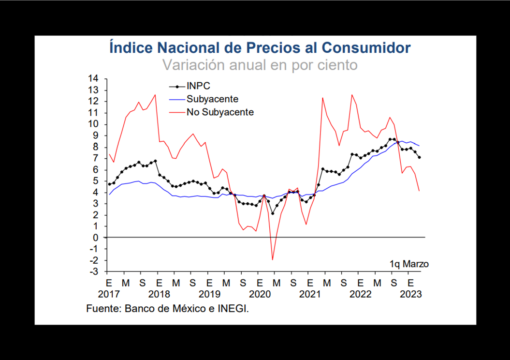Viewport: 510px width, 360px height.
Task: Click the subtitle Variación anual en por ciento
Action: tap(260, 64)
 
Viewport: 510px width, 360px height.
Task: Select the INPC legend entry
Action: tap(198, 87)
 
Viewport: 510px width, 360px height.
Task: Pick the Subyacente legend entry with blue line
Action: tap(212, 99)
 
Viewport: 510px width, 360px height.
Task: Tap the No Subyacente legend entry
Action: tap(220, 112)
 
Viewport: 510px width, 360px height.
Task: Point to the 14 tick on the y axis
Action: tap(93, 79)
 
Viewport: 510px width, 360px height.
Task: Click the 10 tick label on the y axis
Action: tap(93, 124)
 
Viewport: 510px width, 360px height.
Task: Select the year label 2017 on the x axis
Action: tap(108, 294)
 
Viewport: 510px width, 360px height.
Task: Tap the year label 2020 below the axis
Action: tap(260, 294)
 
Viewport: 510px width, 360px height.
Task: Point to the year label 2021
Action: tap(310, 294)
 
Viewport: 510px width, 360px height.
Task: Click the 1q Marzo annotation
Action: tap(409, 264)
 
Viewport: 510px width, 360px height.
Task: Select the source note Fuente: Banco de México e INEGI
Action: tap(167, 308)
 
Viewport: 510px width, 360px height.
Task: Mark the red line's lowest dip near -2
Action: tap(273, 260)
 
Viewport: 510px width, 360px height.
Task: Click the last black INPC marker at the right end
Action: tap(419, 157)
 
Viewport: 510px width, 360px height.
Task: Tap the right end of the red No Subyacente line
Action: tap(419, 191)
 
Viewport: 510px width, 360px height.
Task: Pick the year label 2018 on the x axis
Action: tap(159, 294)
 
